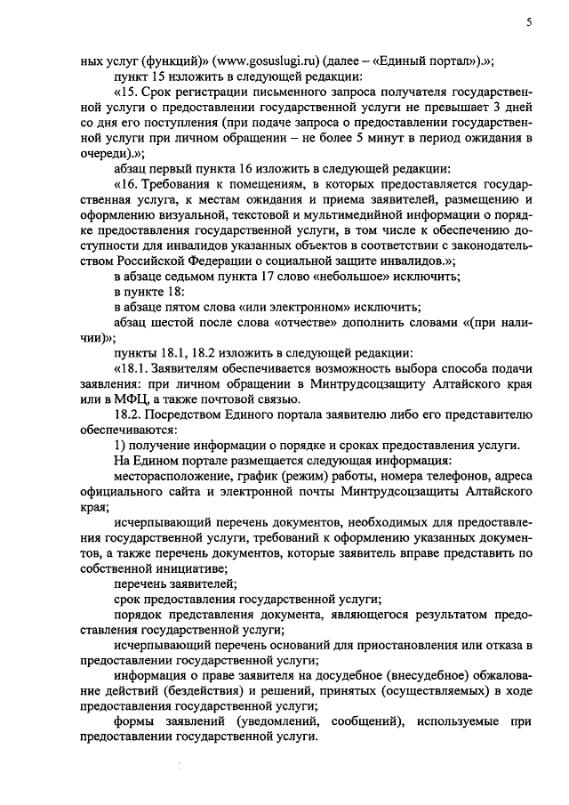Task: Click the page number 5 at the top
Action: click(529, 24)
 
